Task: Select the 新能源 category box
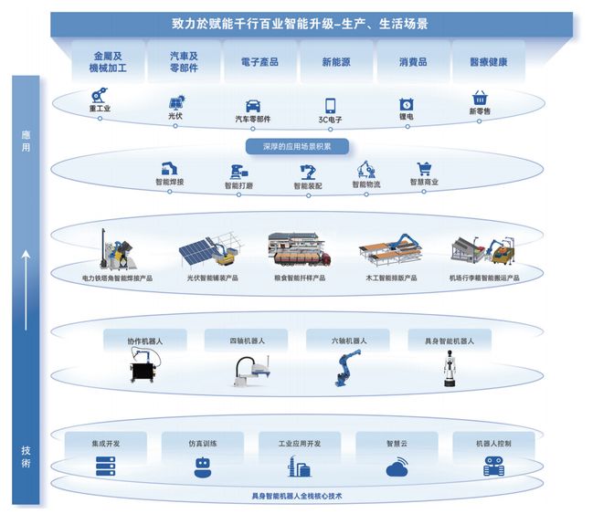click(337, 61)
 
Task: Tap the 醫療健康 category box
click(489, 61)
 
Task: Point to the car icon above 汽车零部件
click(253, 106)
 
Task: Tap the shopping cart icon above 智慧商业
click(424, 169)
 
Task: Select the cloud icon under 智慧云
click(398, 467)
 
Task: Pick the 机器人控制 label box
click(493, 443)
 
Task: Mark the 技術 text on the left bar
click(26, 456)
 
